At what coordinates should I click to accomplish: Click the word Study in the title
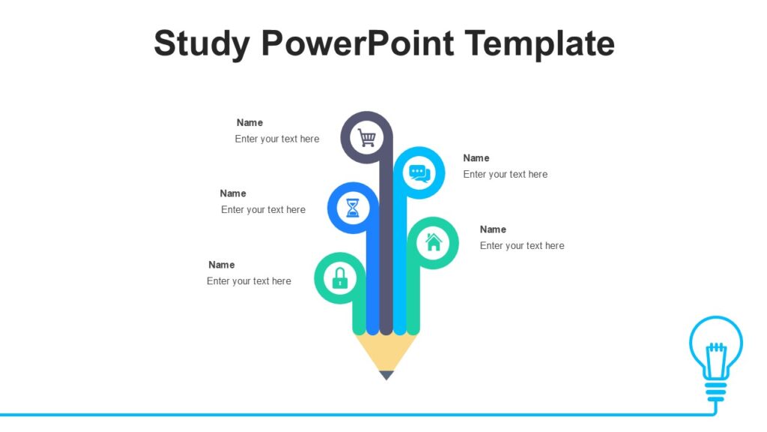201,43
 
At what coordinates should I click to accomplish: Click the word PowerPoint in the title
358,43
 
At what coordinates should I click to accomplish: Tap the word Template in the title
539,43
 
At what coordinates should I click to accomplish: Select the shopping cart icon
366,137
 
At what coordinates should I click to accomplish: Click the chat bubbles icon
419,173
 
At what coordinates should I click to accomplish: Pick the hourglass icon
353,208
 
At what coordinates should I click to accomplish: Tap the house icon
433,242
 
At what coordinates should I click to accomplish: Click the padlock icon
339,278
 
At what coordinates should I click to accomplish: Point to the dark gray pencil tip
386,375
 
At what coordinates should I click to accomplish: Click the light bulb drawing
715,349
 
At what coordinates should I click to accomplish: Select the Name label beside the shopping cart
249,122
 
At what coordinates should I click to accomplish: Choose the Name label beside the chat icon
476,157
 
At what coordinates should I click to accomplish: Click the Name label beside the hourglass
233,193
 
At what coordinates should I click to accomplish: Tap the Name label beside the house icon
493,229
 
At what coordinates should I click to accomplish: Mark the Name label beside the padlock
221,265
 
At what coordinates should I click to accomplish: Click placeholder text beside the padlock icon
249,281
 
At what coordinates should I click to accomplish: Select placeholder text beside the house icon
522,246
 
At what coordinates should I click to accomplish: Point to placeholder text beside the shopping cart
276,139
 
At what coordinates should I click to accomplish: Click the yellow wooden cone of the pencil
386,351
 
